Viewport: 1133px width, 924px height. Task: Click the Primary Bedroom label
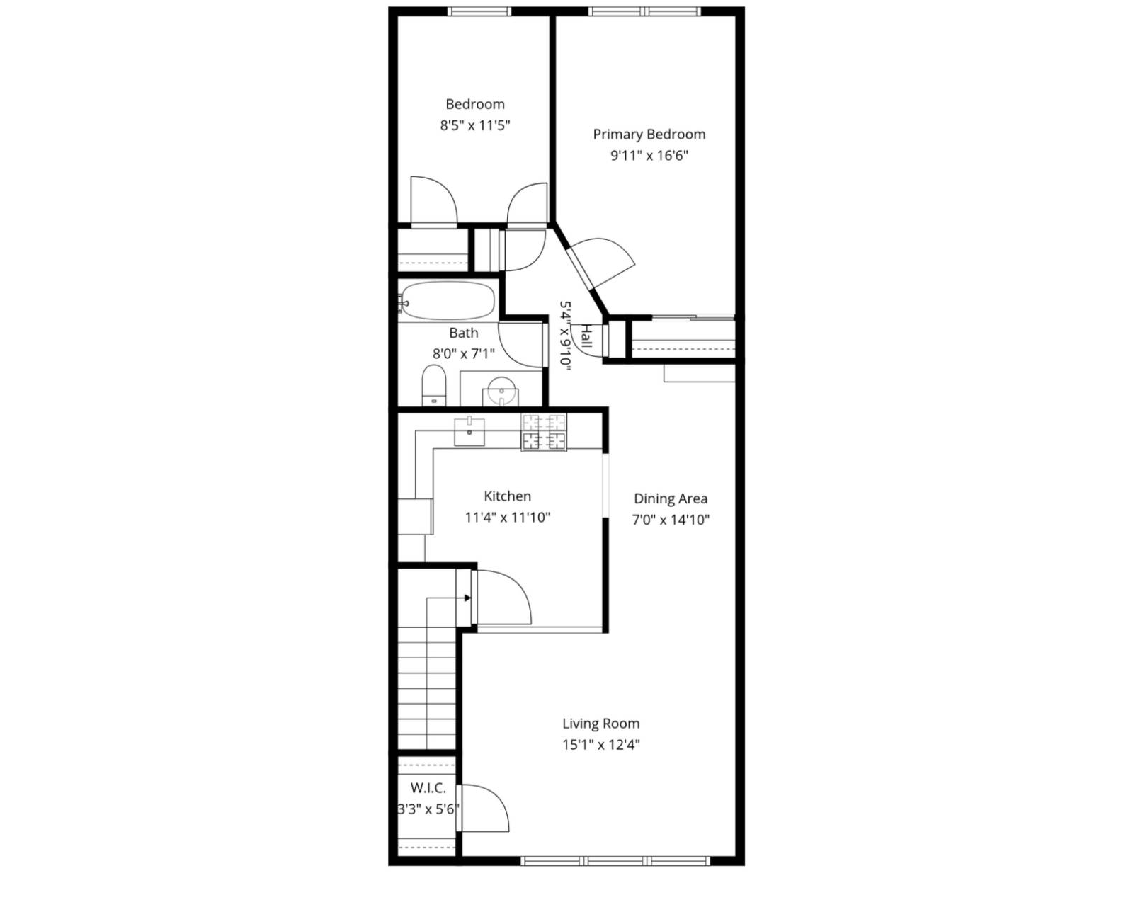coord(649,135)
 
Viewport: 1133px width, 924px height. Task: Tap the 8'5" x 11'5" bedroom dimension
coord(475,126)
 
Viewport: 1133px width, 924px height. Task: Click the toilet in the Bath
coord(433,385)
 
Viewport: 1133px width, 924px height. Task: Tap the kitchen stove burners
coord(544,432)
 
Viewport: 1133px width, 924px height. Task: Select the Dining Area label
coord(670,498)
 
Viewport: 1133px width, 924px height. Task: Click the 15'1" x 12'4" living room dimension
coord(600,745)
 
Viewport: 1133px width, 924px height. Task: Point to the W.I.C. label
coord(428,788)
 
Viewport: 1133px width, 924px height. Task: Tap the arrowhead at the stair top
coord(467,598)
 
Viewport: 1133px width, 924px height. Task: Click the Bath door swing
coord(520,343)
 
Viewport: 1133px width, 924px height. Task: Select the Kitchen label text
coord(507,496)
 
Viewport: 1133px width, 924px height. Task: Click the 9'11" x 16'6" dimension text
coord(649,156)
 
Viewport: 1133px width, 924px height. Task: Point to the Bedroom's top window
coord(479,11)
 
